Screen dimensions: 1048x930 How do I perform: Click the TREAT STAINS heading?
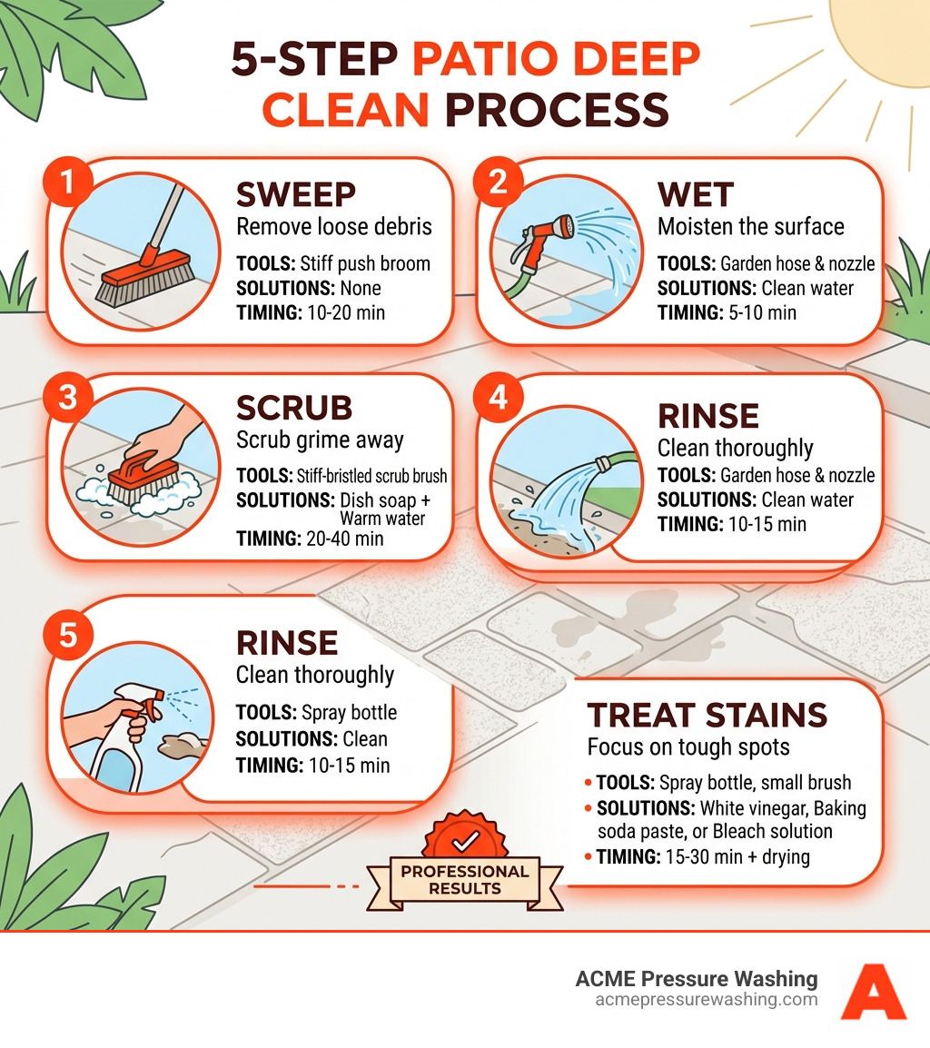click(x=707, y=715)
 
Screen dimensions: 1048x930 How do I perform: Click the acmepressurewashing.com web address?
click(x=706, y=999)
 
